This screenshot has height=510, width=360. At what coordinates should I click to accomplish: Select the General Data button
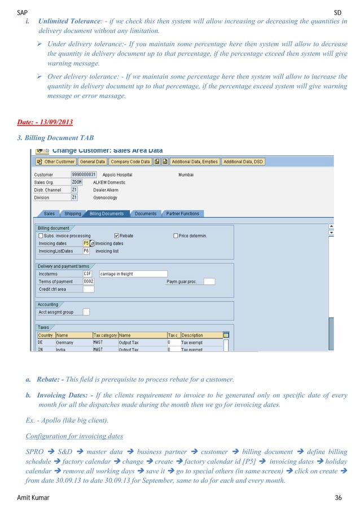pyautogui.click(x=92, y=162)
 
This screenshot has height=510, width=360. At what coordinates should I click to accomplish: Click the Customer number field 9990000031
pyautogui.click(x=84, y=175)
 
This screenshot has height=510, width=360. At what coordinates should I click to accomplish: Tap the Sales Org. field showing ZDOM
pyautogui.click(x=78, y=182)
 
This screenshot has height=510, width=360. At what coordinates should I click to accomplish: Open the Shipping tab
pyautogui.click(x=72, y=214)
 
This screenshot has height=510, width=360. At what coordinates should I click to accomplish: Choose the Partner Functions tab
pyautogui.click(x=182, y=214)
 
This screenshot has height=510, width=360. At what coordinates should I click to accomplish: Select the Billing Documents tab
pyautogui.click(x=106, y=214)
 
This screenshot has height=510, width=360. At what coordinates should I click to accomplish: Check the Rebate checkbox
pyautogui.click(x=116, y=236)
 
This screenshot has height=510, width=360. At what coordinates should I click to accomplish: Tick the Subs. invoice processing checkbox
pyautogui.click(x=41, y=236)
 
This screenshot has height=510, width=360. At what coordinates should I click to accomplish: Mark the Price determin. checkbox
pyautogui.click(x=175, y=236)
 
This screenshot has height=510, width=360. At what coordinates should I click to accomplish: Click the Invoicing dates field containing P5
pyautogui.click(x=86, y=243)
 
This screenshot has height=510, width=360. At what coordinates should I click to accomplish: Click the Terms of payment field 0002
pyautogui.click(x=89, y=281)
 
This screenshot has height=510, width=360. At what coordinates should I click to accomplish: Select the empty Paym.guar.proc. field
pyautogui.click(x=209, y=281)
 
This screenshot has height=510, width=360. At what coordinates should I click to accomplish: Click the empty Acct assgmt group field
pyautogui.click(x=86, y=312)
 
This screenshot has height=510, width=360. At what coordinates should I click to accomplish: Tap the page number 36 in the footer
pyautogui.click(x=345, y=498)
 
